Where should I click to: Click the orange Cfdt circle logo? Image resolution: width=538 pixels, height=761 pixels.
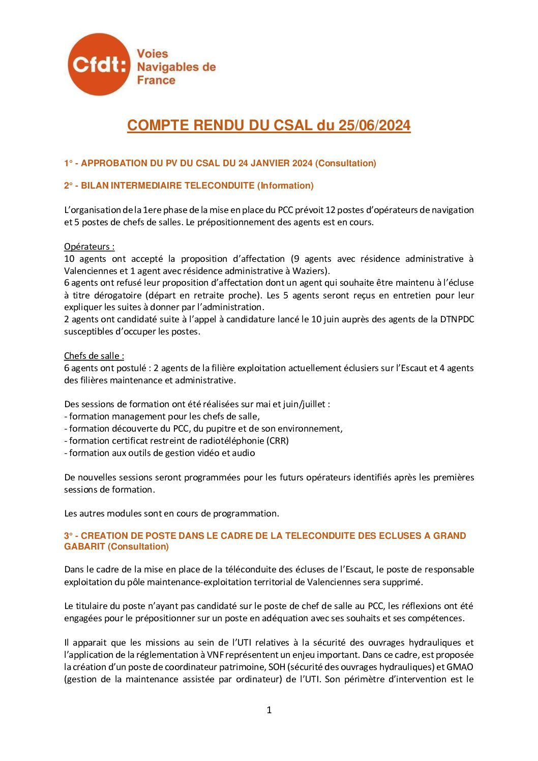99,65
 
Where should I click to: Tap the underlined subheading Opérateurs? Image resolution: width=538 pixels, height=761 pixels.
89,247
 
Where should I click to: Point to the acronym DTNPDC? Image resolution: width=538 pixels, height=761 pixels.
456,319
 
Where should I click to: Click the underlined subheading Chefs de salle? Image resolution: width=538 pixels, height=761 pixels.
94,356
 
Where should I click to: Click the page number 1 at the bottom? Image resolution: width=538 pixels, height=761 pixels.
269,710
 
